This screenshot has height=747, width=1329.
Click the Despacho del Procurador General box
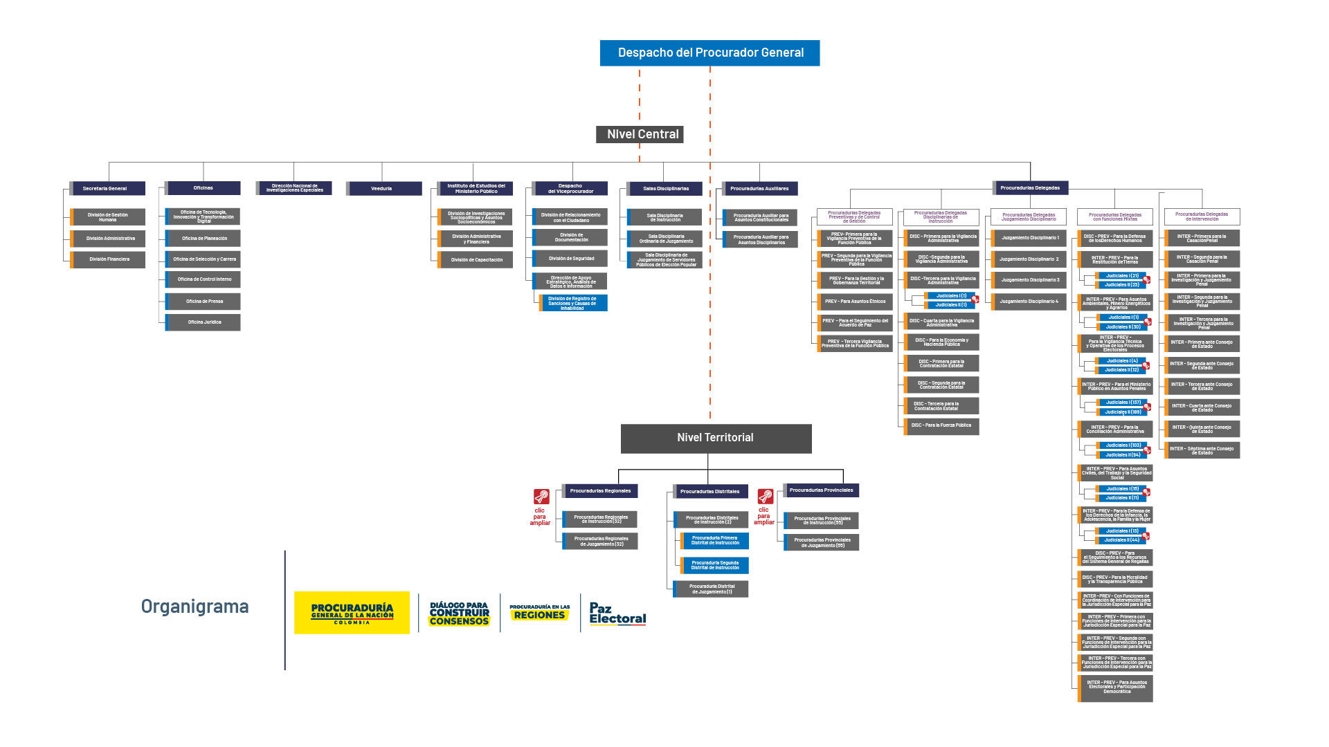709,53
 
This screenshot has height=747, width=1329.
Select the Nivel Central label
640,134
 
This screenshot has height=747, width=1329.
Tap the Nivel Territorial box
716,438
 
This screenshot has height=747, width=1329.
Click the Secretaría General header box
107,188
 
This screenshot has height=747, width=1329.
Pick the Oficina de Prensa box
204,302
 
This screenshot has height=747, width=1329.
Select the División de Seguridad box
571,259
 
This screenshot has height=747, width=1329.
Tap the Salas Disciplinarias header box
665,188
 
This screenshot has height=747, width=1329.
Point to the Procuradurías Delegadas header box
1031,187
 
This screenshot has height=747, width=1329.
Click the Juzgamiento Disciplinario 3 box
1030,280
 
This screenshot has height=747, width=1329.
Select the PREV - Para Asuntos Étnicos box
856,302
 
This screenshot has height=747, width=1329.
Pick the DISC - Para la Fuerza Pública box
941,425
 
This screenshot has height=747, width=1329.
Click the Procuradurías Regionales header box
600,491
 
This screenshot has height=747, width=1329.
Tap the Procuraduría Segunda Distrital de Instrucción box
714,565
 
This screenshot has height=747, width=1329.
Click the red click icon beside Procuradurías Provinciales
765,497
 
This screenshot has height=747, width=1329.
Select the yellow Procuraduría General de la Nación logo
352,612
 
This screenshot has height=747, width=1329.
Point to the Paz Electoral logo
617,613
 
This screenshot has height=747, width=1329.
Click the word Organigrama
195,607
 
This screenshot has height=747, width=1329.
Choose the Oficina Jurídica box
204,322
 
